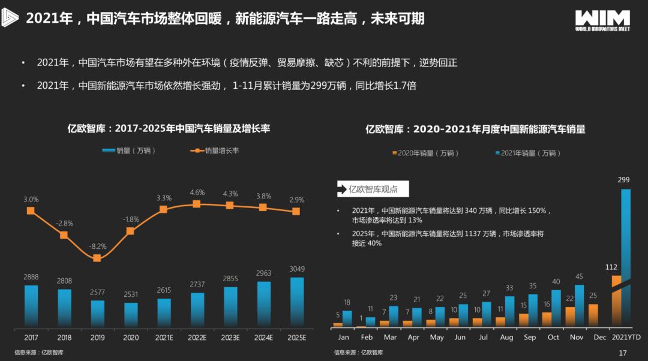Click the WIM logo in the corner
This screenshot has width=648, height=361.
602,20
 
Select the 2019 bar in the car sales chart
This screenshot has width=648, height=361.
97,313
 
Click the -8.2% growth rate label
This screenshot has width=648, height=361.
97,246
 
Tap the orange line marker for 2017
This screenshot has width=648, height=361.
31,210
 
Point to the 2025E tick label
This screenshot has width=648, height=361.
296,338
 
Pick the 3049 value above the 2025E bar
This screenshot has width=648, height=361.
296,269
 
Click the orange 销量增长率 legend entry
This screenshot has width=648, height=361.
214,151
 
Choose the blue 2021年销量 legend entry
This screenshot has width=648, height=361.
528,153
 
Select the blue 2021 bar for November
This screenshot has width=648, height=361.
580,305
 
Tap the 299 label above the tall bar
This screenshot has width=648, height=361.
623,179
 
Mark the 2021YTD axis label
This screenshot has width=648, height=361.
623,338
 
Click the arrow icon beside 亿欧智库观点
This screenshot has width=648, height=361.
343,189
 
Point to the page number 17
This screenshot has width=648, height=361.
622,353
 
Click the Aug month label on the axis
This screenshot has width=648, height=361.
506,338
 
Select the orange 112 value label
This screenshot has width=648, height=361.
611,267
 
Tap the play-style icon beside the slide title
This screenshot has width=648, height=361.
12,19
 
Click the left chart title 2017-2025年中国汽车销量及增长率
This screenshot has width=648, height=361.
169,128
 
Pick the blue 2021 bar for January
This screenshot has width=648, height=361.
347,318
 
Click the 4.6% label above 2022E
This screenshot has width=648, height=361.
197,192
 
